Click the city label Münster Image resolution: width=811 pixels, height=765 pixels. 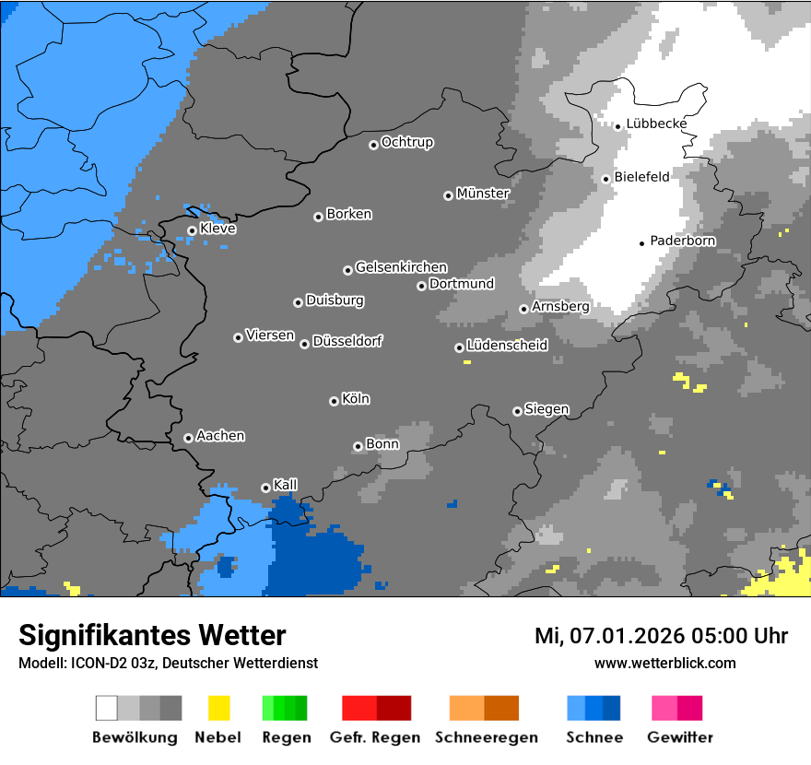(x=483, y=194)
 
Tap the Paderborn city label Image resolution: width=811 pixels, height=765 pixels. (x=683, y=241)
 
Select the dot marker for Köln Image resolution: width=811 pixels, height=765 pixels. (x=334, y=401)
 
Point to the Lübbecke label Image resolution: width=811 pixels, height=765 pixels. (x=656, y=124)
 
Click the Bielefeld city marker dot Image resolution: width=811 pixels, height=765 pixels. (x=605, y=179)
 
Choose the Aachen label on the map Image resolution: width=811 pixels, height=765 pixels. (x=220, y=435)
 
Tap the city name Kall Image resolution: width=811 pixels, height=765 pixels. (x=286, y=484)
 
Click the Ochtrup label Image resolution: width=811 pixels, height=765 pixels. (x=407, y=142)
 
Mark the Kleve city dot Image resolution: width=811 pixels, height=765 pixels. (x=192, y=230)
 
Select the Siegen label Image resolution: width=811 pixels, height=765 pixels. (x=547, y=408)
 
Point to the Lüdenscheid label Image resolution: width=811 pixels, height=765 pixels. (x=507, y=345)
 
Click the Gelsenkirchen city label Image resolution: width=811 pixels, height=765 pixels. (x=401, y=267)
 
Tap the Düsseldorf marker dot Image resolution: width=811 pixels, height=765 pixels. (x=304, y=344)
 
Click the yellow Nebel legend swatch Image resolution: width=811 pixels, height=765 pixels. (x=218, y=708)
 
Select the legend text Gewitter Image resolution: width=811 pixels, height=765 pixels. (x=680, y=737)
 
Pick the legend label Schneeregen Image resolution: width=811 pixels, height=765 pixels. (x=486, y=737)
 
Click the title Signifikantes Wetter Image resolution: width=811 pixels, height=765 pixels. (x=152, y=635)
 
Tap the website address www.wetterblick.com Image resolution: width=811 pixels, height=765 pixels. (x=664, y=663)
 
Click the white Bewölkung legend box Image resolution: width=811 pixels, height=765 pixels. (x=107, y=708)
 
